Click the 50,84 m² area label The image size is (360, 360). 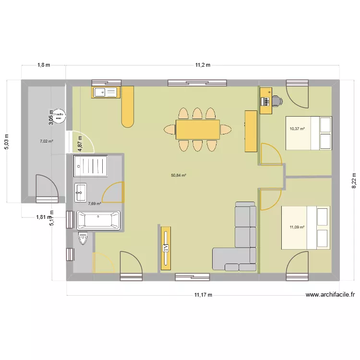178,176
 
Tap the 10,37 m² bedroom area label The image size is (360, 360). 297,129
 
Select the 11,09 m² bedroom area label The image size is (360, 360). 297,227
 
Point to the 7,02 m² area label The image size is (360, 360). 46,142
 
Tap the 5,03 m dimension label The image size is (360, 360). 7,142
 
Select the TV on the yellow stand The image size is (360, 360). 166,248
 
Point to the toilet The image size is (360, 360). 83,238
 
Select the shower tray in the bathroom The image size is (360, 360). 92,166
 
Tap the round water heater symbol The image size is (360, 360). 59,116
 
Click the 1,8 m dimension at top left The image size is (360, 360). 45,65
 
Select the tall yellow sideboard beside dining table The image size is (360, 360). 251,131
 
